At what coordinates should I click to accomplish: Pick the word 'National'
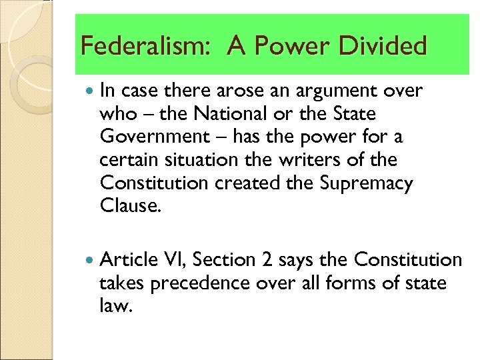pos(217,114)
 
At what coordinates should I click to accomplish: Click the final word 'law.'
pos(116,306)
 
